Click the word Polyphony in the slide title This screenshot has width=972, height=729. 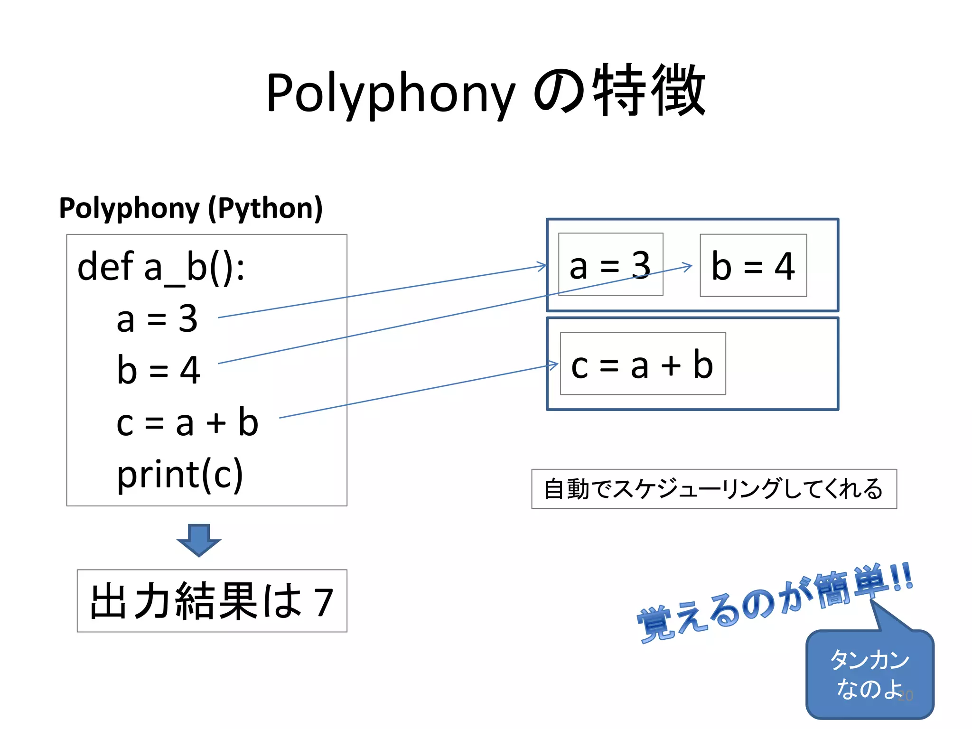(x=390, y=93)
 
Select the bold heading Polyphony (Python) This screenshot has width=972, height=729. (x=191, y=208)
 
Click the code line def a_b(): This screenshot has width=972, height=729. (x=161, y=268)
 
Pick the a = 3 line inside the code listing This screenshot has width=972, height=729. (x=157, y=319)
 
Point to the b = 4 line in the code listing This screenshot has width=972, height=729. (x=159, y=370)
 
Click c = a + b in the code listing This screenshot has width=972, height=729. (x=187, y=422)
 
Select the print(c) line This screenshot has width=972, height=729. (x=180, y=475)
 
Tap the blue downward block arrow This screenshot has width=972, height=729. (x=199, y=540)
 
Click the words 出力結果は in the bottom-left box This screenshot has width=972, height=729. (x=196, y=602)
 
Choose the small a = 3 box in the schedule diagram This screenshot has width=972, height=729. (x=610, y=265)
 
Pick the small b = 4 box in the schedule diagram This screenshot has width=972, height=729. (x=753, y=266)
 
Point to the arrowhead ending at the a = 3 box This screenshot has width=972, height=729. (x=542, y=266)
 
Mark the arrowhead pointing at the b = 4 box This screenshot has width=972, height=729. (x=688, y=267)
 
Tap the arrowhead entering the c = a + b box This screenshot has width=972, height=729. (x=553, y=365)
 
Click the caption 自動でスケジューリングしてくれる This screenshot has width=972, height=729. (x=713, y=489)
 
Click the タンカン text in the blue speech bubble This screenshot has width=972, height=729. (x=869, y=660)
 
